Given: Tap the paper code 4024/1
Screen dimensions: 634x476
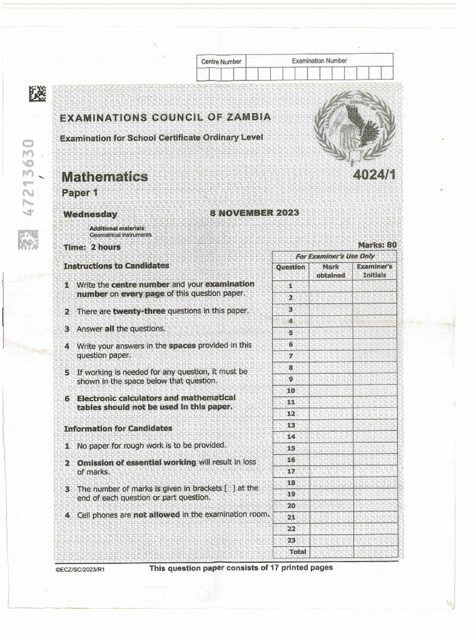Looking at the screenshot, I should pyautogui.click(x=374, y=175).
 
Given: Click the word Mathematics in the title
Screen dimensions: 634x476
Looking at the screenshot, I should pyautogui.click(x=104, y=177).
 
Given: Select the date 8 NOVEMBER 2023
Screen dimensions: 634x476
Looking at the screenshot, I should pyautogui.click(x=254, y=212).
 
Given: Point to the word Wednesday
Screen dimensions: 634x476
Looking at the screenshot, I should pyautogui.click(x=90, y=214).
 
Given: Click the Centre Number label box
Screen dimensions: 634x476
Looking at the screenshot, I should pyautogui.click(x=221, y=61).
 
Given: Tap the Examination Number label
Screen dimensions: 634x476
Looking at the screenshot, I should pyautogui.click(x=319, y=61).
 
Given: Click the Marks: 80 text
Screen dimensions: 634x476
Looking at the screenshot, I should pyautogui.click(x=377, y=245).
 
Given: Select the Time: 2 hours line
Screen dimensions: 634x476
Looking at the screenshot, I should pyautogui.click(x=92, y=247).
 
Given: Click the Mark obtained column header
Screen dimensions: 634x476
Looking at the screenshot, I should pyautogui.click(x=330, y=271).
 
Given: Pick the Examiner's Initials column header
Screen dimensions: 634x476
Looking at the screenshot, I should pyautogui.click(x=374, y=271).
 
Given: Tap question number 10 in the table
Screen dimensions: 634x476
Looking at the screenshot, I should pyautogui.click(x=291, y=391).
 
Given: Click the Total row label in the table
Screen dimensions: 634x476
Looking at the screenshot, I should pyautogui.click(x=298, y=552).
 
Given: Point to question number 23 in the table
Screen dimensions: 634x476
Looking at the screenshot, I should pyautogui.click(x=291, y=541).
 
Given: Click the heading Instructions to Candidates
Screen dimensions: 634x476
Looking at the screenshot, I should pyautogui.click(x=116, y=266).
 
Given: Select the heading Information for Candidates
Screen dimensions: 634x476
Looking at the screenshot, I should pyautogui.click(x=118, y=428).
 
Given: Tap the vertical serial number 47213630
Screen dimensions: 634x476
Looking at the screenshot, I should pyautogui.click(x=27, y=177).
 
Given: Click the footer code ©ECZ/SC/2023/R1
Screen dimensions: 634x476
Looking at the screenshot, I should pyautogui.click(x=80, y=570).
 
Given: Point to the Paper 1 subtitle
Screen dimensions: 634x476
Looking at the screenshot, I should pyautogui.click(x=80, y=193).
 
